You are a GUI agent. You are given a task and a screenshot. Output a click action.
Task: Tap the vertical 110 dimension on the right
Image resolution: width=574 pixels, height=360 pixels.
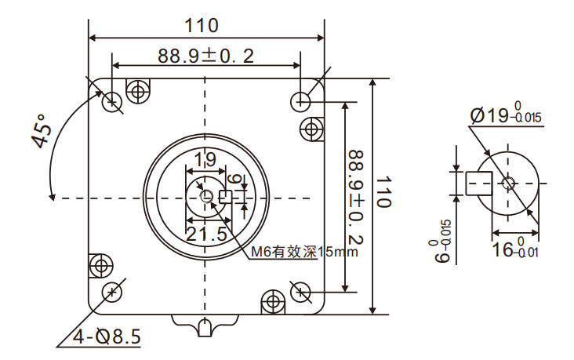click(383, 192)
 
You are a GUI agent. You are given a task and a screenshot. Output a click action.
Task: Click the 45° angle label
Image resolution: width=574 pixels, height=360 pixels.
click(40, 131)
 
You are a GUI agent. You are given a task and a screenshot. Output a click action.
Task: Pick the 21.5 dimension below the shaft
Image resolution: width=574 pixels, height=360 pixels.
click(206, 234)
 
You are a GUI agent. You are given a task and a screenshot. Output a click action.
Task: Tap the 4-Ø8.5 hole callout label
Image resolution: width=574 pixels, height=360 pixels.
click(107, 337)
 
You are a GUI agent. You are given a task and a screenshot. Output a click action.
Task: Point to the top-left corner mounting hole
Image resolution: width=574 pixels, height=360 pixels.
click(113, 100)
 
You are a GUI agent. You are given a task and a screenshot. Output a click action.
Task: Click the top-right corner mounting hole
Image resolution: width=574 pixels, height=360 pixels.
click(300, 100)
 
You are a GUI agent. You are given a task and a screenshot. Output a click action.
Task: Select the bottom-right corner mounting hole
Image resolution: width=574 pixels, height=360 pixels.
click(300, 292)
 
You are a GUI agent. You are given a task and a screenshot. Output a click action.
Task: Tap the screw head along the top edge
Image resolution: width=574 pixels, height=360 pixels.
click(139, 91)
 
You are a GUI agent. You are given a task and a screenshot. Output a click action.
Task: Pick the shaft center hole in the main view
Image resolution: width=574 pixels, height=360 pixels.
click(206, 196)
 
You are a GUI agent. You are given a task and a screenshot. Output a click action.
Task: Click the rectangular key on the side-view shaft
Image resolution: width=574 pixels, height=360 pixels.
click(479, 183)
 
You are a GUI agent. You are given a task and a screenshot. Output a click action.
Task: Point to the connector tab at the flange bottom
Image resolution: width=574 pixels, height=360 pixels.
click(205, 325)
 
